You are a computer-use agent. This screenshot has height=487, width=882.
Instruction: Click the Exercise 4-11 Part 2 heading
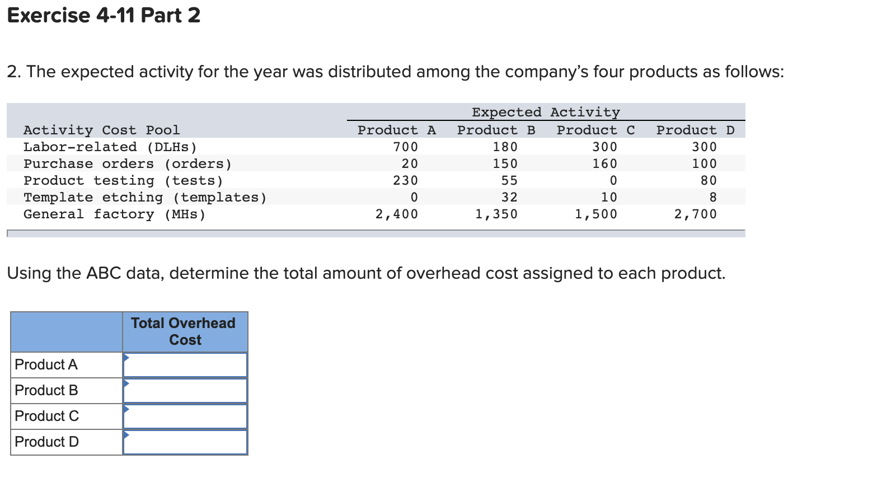104,15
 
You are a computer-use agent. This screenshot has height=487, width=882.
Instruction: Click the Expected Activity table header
546,112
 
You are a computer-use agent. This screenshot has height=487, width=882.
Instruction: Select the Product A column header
396,130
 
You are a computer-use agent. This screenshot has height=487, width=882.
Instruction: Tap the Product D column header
695,130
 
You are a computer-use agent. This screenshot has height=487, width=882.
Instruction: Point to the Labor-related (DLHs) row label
110,147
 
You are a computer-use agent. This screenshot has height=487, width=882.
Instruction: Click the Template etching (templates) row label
145,197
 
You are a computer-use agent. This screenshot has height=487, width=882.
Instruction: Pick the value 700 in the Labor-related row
405,147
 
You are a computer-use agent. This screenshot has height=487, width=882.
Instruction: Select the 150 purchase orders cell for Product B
505,163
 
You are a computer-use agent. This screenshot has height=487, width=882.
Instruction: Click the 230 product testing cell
405,180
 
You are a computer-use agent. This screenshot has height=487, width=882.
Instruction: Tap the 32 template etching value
509,197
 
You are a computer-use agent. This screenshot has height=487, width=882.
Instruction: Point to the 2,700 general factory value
695,214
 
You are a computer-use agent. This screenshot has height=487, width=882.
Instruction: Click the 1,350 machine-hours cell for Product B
496,214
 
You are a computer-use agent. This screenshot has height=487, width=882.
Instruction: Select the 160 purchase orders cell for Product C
604,163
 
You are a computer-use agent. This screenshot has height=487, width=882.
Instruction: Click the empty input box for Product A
185,365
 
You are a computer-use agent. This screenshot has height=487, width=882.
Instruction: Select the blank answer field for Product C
185,416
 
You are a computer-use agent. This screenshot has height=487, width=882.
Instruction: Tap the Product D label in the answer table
47,442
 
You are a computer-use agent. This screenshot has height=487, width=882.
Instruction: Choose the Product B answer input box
185,391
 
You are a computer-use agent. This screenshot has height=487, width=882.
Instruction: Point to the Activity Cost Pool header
101,130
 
